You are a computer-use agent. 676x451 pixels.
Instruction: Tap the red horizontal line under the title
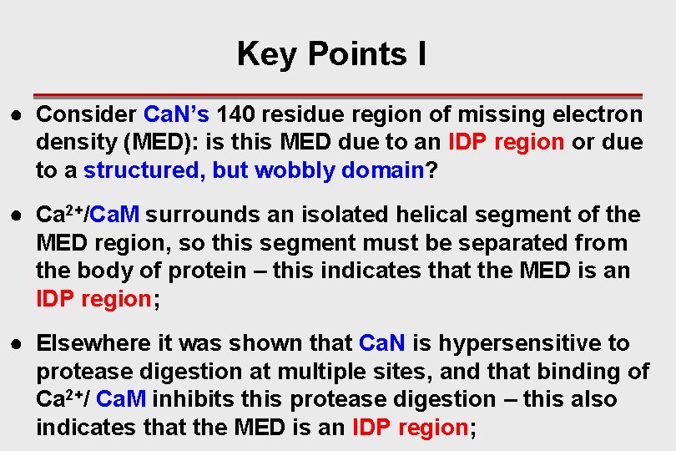pyautogui.click(x=337, y=96)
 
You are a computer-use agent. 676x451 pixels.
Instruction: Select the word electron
pyautogui.click(x=599, y=114)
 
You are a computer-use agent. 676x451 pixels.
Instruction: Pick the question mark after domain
pyautogui.click(x=431, y=170)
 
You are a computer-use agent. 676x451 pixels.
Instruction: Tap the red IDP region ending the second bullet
pyautogui.click(x=93, y=300)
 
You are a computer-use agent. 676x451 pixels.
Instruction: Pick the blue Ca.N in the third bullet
pyautogui.click(x=381, y=344)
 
